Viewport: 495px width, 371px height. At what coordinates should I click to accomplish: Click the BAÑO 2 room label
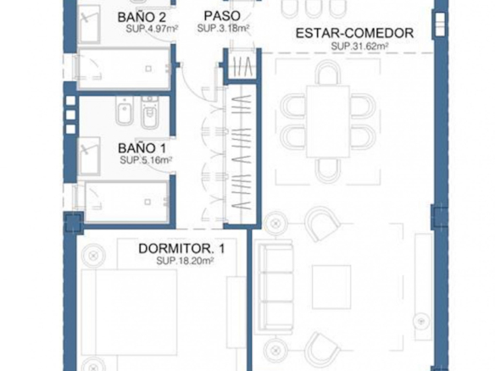pos(142,17)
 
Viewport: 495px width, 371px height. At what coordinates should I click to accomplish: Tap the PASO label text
pos(222,16)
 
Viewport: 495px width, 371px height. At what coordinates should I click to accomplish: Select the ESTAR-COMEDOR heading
pos(354,33)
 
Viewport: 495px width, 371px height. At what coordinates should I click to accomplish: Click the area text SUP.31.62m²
pos(359,46)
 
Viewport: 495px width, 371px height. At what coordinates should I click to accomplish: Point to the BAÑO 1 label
pos(142,148)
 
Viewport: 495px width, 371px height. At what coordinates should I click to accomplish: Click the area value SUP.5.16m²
pos(146,160)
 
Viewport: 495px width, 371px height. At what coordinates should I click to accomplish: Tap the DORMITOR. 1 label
pos(182,248)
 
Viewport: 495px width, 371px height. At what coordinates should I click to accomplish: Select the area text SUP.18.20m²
pos(186,261)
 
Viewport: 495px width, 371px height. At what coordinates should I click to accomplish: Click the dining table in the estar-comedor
pos(328,121)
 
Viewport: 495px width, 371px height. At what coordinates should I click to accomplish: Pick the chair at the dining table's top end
pos(328,72)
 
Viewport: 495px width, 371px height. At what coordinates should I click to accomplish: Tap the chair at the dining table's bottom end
pos(328,170)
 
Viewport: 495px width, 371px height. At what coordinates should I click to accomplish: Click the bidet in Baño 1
pos(125,110)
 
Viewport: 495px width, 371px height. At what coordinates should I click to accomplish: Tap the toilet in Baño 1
pos(150,113)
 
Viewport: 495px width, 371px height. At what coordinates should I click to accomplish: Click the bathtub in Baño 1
pos(126,202)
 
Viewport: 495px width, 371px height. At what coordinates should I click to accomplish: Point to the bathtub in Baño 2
pos(124,69)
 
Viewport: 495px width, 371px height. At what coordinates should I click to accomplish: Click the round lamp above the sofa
pos(275,224)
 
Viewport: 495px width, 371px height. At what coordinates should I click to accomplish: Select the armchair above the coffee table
pos(322,223)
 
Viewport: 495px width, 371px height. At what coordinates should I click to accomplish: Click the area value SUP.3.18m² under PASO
pos(224,28)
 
